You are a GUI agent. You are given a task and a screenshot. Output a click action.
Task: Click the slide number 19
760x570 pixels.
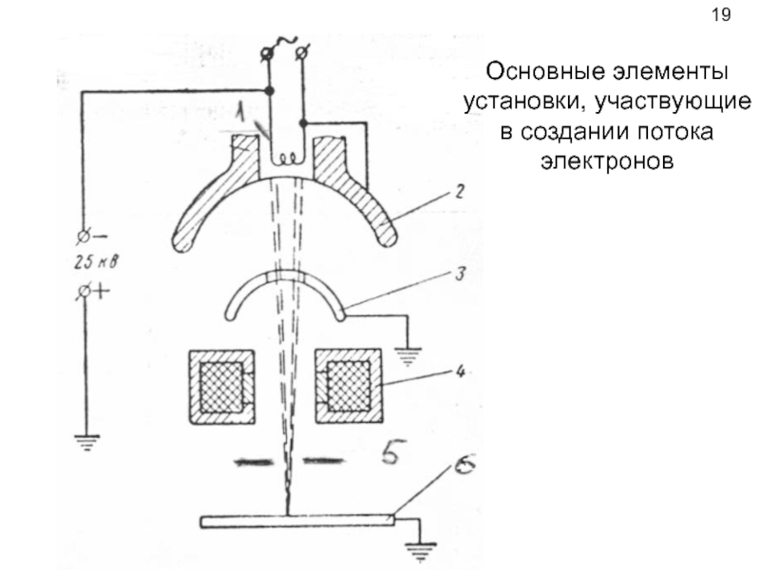pos(721,15)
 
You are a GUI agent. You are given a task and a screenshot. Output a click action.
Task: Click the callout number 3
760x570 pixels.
pos(459,274)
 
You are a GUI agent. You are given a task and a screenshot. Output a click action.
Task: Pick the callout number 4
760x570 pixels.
pos(459,371)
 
